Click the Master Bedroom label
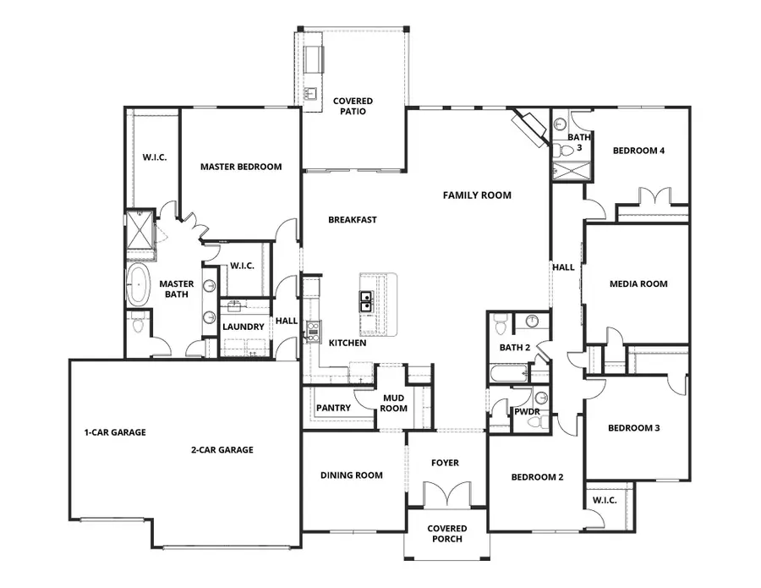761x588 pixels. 240,167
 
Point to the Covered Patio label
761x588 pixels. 353,106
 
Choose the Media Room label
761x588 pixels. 638,284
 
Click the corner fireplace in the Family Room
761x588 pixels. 530,128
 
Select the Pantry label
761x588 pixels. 333,408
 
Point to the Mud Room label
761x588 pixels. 394,403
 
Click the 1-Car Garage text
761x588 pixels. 115,432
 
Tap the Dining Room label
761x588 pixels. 351,475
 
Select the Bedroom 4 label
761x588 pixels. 638,151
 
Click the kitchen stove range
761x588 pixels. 311,331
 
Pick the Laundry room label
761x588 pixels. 244,327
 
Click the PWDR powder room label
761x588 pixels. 527,412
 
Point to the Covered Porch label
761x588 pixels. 446,534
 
